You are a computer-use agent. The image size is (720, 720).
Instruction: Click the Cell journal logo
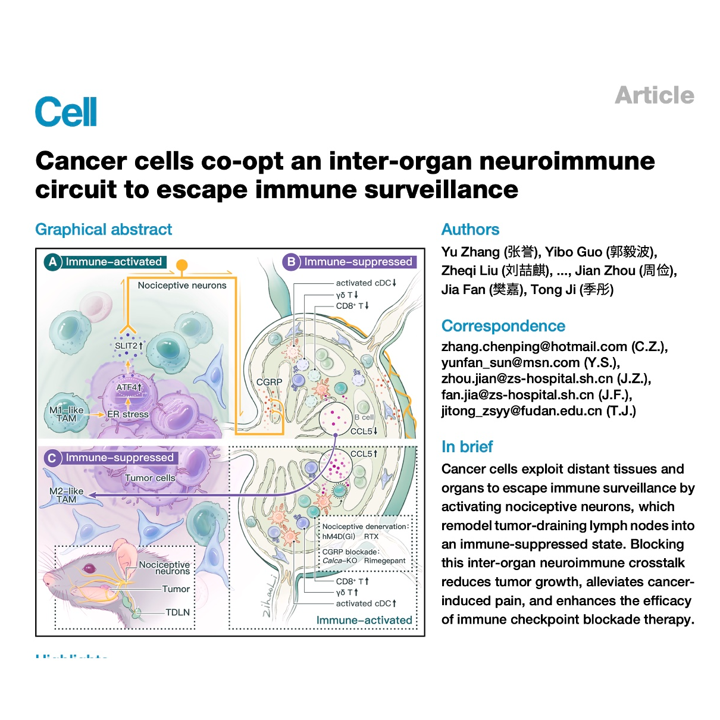(x=65, y=112)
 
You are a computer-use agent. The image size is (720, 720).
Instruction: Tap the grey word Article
(x=654, y=95)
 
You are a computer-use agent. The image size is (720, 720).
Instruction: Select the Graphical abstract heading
(x=104, y=230)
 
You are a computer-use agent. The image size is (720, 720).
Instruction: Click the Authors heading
(x=470, y=230)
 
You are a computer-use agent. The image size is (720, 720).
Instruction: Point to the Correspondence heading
(x=503, y=326)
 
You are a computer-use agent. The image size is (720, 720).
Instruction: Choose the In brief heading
(x=467, y=447)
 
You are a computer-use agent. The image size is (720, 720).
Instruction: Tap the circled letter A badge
(x=53, y=262)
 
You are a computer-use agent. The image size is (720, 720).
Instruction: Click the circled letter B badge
(x=291, y=262)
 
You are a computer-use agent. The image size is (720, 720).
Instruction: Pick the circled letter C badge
(x=52, y=458)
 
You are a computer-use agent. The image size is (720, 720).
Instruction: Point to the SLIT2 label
(x=127, y=346)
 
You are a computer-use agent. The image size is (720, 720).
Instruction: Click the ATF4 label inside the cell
(x=128, y=387)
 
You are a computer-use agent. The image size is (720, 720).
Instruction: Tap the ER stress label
(x=128, y=415)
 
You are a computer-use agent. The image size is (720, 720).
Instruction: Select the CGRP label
(x=269, y=382)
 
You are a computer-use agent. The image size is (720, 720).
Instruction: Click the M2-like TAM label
(x=67, y=495)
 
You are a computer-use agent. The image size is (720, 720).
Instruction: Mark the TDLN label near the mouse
(x=177, y=612)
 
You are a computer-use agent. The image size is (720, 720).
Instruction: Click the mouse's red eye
(x=89, y=568)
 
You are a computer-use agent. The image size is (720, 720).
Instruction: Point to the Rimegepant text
(x=384, y=561)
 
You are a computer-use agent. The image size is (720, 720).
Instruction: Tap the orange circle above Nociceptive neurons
(x=182, y=265)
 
